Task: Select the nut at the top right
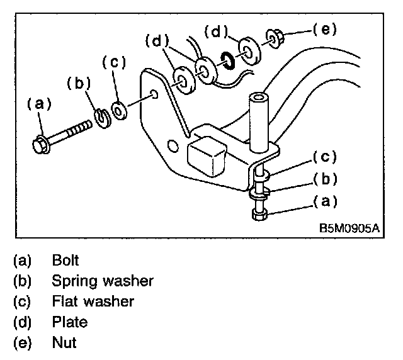tap(275, 37)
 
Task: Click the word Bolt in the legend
tap(65, 259)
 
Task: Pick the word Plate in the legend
tap(70, 323)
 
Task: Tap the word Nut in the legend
tap(64, 344)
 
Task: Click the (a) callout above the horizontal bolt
tap(38, 104)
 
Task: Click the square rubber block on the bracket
tap(205, 156)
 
